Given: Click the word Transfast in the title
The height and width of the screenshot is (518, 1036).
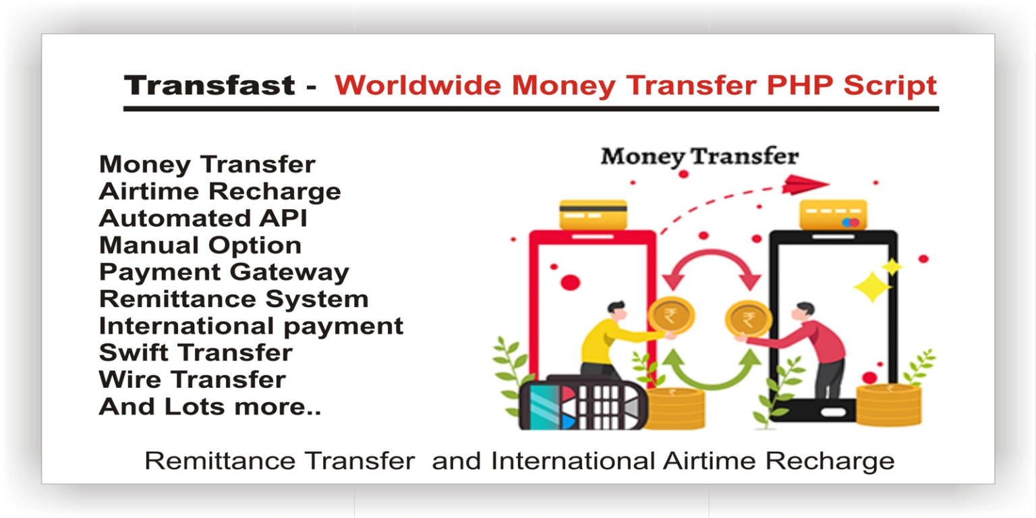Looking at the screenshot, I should [210, 86].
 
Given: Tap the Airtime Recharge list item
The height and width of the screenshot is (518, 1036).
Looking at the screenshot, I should [220, 192].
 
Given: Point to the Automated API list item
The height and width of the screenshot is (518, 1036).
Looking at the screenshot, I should [203, 219].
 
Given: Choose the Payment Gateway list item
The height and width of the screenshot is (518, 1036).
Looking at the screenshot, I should [224, 272].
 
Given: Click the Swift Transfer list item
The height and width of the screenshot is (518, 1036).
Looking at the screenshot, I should [196, 353].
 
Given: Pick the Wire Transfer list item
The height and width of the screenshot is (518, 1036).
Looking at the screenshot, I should [192, 380].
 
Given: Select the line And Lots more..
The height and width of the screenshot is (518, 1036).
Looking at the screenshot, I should [210, 407].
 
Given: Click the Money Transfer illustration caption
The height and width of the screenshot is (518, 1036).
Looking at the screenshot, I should [699, 156].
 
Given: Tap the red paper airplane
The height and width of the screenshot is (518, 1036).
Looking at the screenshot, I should [805, 183].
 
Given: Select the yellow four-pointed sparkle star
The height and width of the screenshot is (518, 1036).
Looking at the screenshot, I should [872, 286].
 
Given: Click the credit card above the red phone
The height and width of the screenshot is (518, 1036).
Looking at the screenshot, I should [594, 214].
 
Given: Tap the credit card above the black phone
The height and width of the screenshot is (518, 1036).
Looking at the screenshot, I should [833, 214].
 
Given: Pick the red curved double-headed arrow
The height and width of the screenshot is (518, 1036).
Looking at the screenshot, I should [711, 266].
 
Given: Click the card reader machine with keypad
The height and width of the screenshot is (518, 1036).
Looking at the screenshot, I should [583, 403].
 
